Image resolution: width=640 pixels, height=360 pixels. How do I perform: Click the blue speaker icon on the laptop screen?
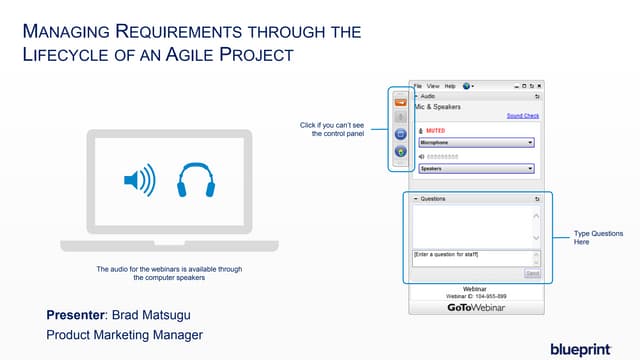coord(138,181)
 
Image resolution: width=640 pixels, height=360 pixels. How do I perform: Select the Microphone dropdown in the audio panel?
coord(475,142)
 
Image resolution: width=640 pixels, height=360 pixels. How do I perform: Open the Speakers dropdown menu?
coord(475,168)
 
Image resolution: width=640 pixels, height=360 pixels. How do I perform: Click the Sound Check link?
coord(522,115)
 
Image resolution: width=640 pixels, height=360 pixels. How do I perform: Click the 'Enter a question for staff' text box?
coord(470,257)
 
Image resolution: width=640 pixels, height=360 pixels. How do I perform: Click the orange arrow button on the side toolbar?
coord(399,101)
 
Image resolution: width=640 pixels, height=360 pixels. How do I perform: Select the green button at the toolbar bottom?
coord(399,152)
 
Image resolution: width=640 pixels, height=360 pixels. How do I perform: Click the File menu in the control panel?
coord(419,86)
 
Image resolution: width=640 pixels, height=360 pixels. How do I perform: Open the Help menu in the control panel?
coord(450,86)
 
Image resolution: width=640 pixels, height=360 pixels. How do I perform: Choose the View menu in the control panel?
coord(434,86)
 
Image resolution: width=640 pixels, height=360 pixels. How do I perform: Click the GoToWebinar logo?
coord(476,307)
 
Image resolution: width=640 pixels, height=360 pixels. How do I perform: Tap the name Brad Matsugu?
coord(156,315)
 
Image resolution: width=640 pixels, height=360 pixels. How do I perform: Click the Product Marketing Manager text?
coord(125,334)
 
